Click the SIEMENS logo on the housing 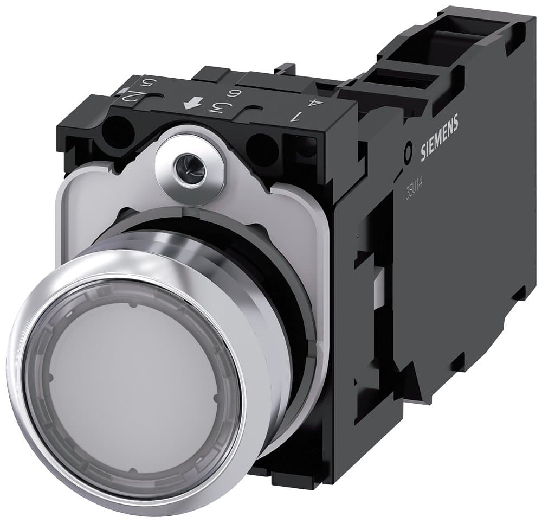440,139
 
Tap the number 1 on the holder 296,116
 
